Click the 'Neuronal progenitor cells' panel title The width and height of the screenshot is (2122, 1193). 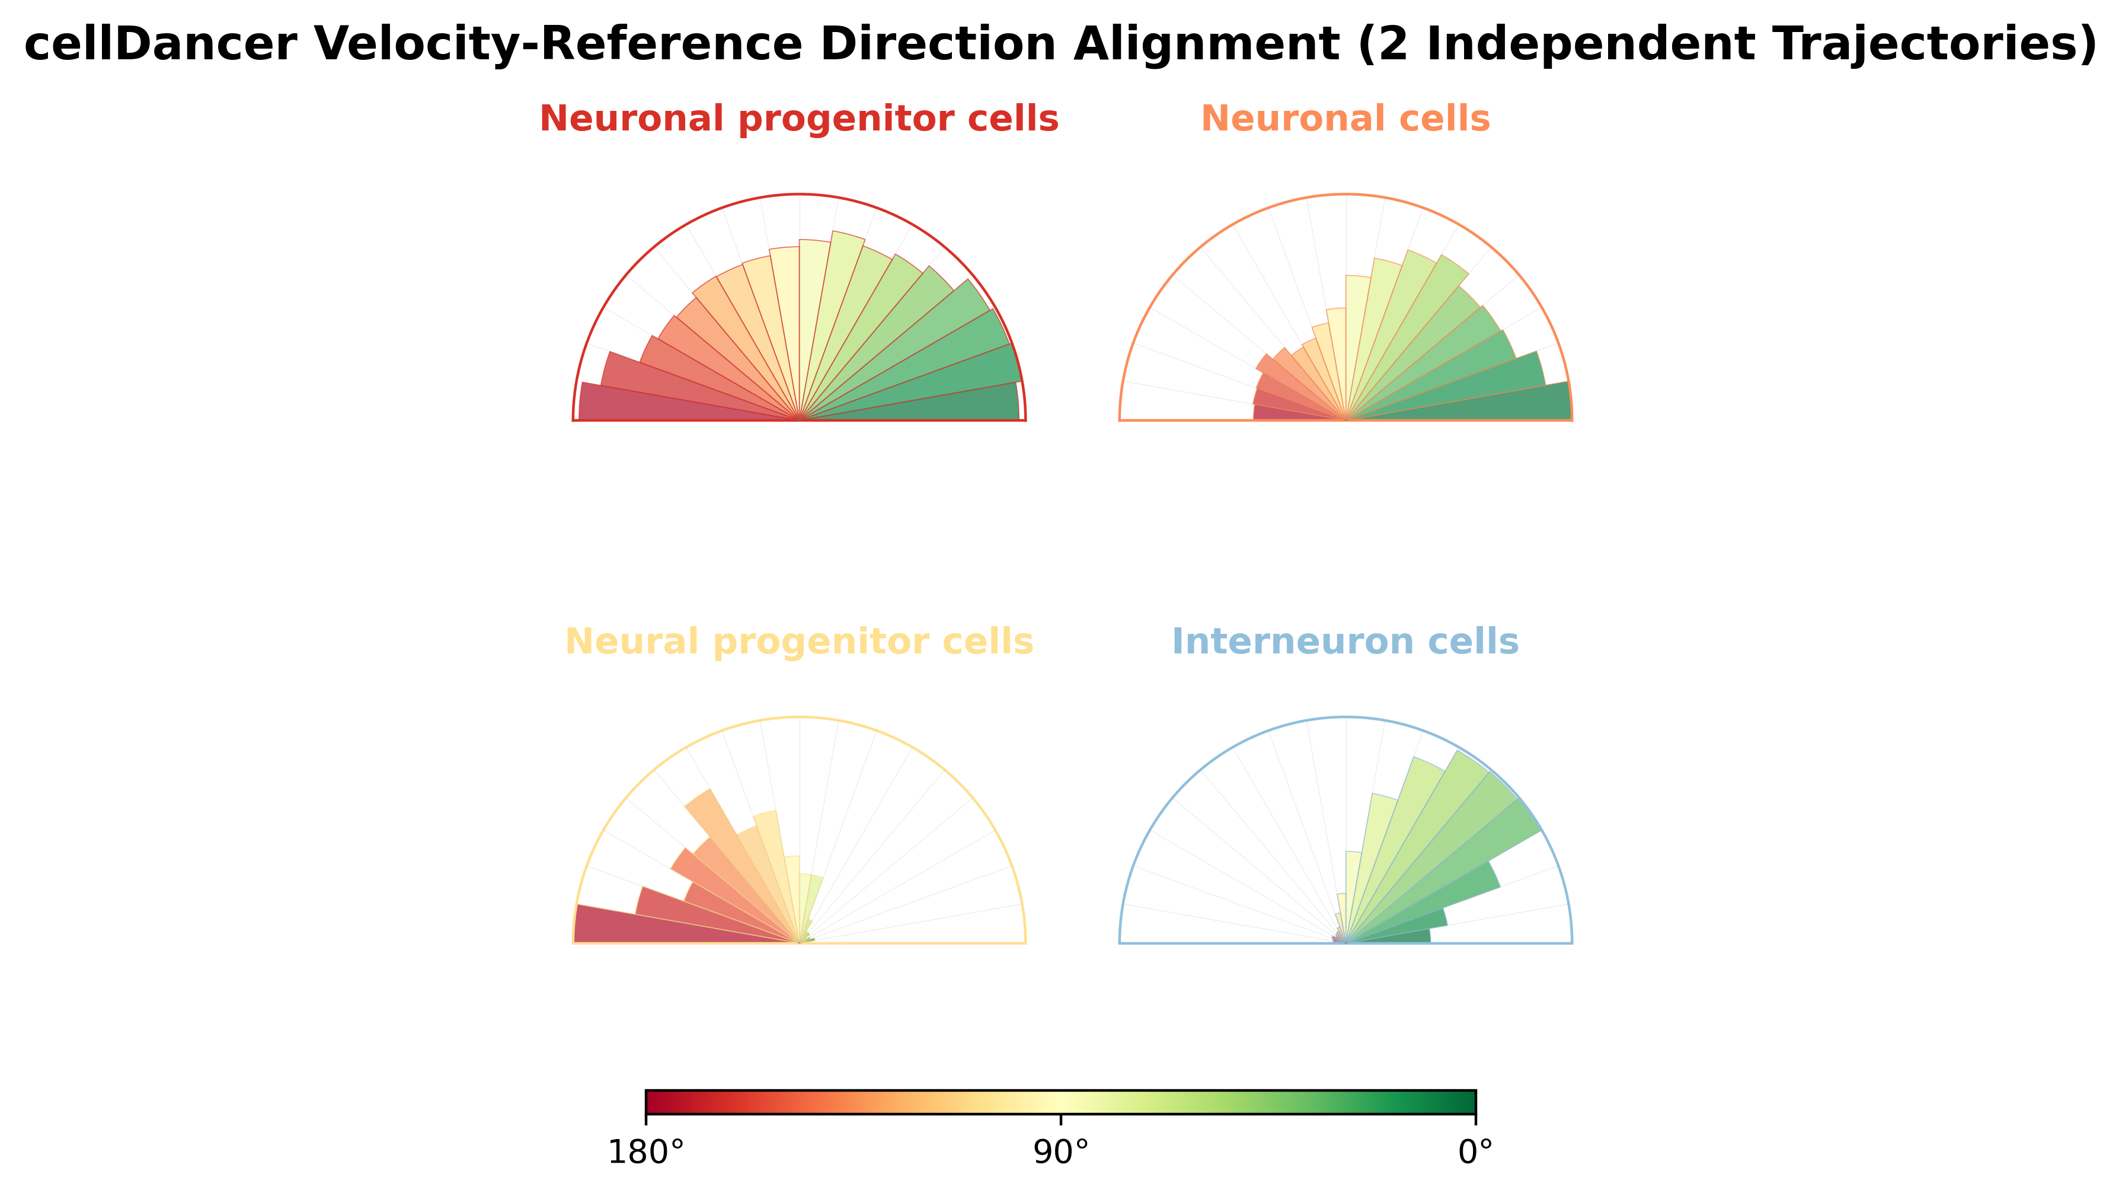[x=799, y=119]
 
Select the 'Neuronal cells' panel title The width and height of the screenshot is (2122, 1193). [x=1345, y=119]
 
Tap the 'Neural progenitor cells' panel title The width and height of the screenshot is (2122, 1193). [x=799, y=642]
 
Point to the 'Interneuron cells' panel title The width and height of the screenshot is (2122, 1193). [x=1345, y=642]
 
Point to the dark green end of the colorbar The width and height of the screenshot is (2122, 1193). [x=1469, y=1102]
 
